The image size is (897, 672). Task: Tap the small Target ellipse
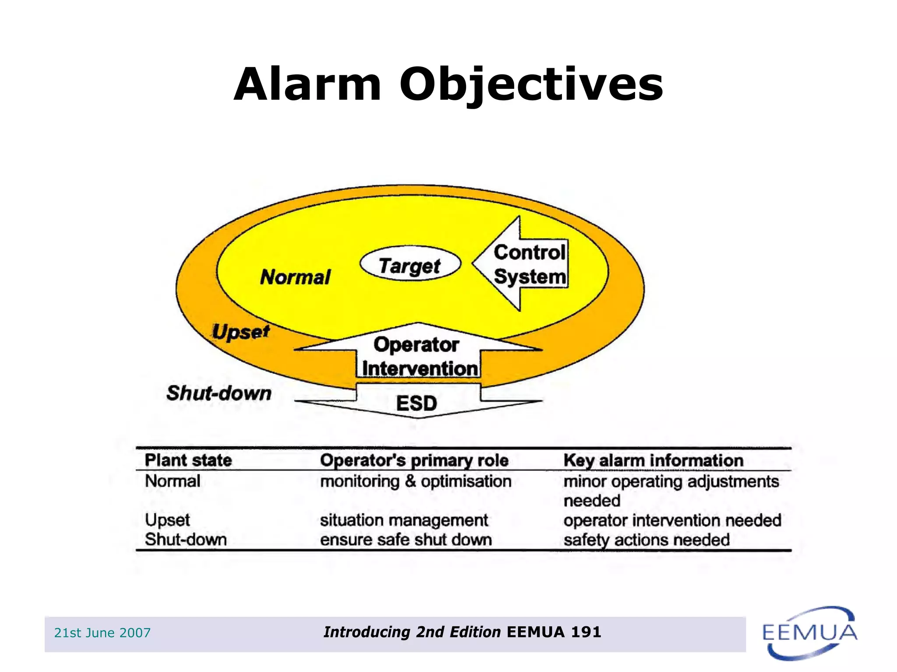coord(410,265)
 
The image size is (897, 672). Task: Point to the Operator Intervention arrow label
coord(418,357)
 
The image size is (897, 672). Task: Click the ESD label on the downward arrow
coord(417,403)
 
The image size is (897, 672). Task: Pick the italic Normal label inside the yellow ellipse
coord(295,277)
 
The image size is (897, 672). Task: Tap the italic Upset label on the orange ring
coord(240,332)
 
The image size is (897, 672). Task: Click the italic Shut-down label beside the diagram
coord(219,393)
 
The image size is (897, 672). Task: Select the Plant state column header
coord(188,460)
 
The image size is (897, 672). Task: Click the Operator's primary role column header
coord(414,460)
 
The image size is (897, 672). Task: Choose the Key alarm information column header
coord(653,460)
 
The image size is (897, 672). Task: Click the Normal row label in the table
coord(173,481)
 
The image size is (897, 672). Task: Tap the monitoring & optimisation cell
coord(415,481)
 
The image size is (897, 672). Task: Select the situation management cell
coord(403,520)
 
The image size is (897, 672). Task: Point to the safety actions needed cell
coord(646,540)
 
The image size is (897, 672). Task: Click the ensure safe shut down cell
coord(406,540)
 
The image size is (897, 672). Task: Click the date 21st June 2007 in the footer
coord(102,633)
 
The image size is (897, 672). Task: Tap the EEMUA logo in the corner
coord(809,633)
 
